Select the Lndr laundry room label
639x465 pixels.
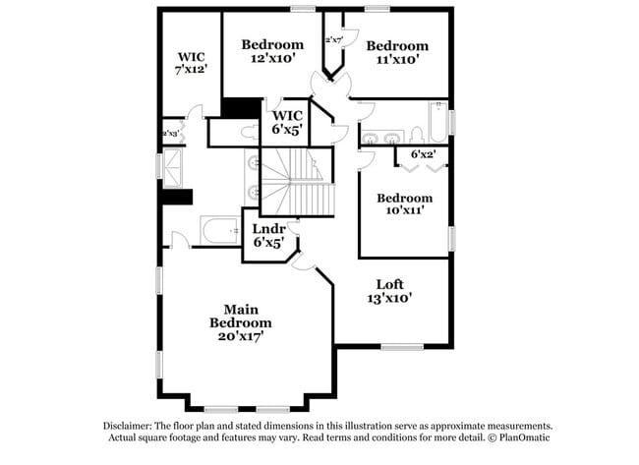click(x=268, y=229)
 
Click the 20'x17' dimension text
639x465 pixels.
click(x=240, y=336)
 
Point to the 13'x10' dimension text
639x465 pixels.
click(x=390, y=297)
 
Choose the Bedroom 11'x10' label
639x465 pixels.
click(x=397, y=46)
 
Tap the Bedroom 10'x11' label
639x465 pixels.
click(x=404, y=198)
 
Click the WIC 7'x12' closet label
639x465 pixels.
click(x=191, y=57)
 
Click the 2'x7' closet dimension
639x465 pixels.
click(x=333, y=40)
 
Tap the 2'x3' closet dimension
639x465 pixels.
click(x=170, y=134)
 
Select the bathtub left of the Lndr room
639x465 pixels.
click(x=218, y=231)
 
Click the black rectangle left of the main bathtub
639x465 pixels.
click(x=177, y=197)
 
